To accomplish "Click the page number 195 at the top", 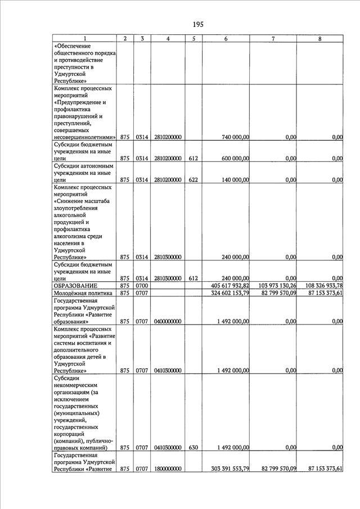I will pyautogui.click(x=197, y=24).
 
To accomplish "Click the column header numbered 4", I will pyautogui.click(x=168, y=38).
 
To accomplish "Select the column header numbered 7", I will pyautogui.click(x=273, y=38).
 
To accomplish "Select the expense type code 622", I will pyautogui.click(x=193, y=180).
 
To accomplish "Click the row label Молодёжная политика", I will pyautogui.click(x=83, y=293).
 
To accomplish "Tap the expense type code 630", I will pyautogui.click(x=193, y=448).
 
